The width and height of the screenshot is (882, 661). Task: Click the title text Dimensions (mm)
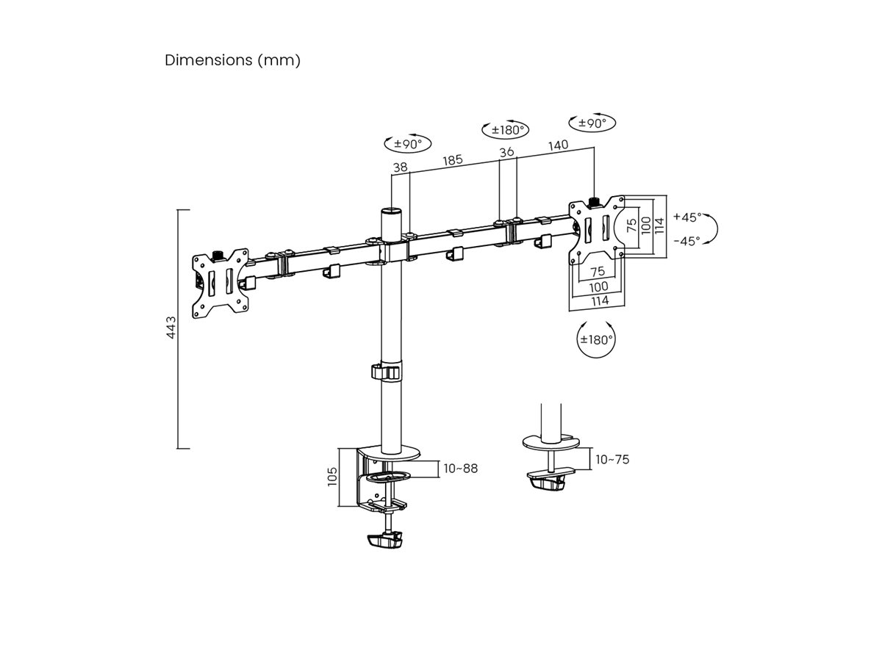pos(232,60)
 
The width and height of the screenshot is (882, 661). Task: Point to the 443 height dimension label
pos(171,328)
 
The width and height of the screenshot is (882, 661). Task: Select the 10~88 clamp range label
pos(460,468)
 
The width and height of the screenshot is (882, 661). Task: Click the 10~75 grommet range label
pos(612,460)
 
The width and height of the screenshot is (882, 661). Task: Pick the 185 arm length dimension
pos(453,159)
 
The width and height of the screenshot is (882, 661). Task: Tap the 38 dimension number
pos(400,167)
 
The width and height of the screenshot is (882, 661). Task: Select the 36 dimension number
pos(506,152)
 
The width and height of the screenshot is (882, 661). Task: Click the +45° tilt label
pos(687,217)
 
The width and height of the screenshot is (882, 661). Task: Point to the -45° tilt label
pos(687,240)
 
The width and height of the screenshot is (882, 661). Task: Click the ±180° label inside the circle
pos(596,339)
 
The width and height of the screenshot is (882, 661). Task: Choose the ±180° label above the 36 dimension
pos(505,130)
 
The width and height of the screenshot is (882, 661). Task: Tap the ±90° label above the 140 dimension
pos(592,123)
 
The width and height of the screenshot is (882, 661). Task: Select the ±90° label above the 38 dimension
pos(406,144)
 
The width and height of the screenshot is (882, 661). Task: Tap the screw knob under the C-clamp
pos(384,542)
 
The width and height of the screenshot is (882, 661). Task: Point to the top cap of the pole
pos(390,213)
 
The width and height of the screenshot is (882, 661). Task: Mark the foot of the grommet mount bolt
pos(547,483)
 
